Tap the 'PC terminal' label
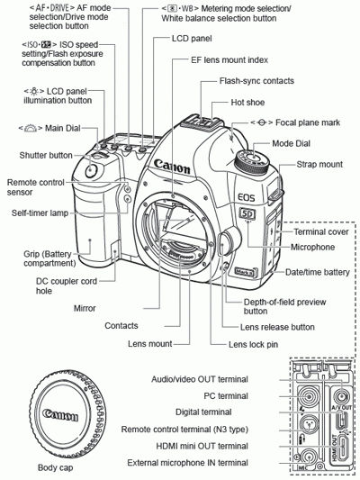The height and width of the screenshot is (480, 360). (225, 394)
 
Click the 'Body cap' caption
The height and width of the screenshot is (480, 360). (57, 467)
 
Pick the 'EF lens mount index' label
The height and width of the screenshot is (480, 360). (217, 60)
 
